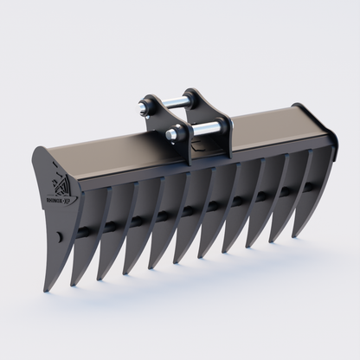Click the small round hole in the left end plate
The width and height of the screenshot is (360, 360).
tap(58, 235)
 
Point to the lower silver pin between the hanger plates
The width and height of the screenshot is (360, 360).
tap(196, 132)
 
